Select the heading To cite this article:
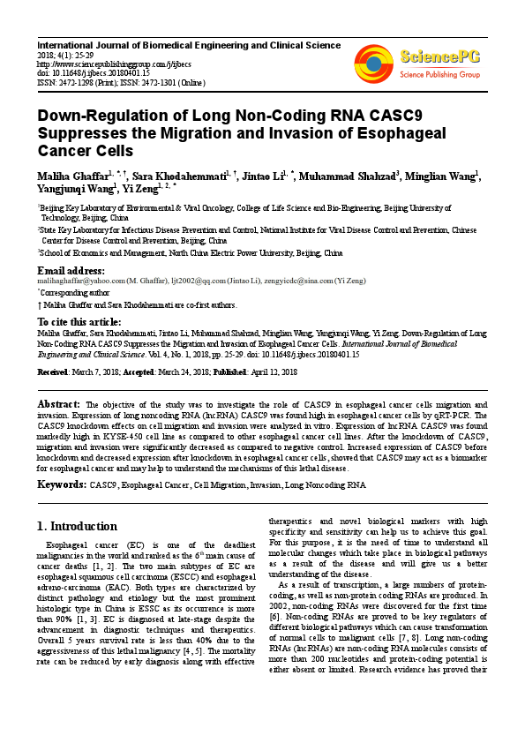pos(79,322)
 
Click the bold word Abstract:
pos(67,401)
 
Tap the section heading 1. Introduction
pos(77,527)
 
